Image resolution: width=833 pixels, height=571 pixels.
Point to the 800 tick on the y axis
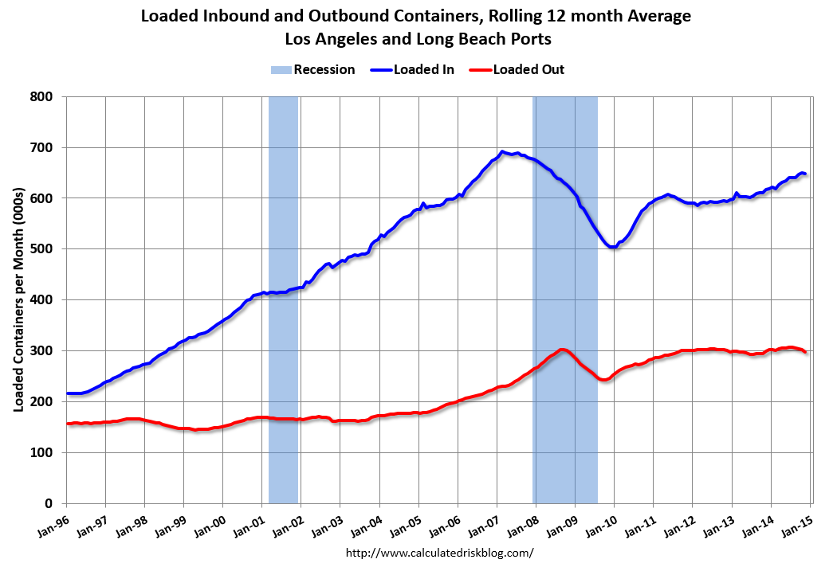42,96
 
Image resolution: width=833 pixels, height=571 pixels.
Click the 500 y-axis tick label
42,249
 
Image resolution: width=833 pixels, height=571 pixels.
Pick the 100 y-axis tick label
42,452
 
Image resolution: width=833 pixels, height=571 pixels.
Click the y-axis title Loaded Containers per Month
18,299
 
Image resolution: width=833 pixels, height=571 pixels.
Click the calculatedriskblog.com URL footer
439,552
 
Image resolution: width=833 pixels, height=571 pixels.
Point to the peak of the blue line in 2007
502,151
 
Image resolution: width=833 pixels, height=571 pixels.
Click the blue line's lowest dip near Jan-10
612,247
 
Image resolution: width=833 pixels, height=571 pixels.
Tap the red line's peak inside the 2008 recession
562,350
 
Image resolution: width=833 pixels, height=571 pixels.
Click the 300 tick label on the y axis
42,351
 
